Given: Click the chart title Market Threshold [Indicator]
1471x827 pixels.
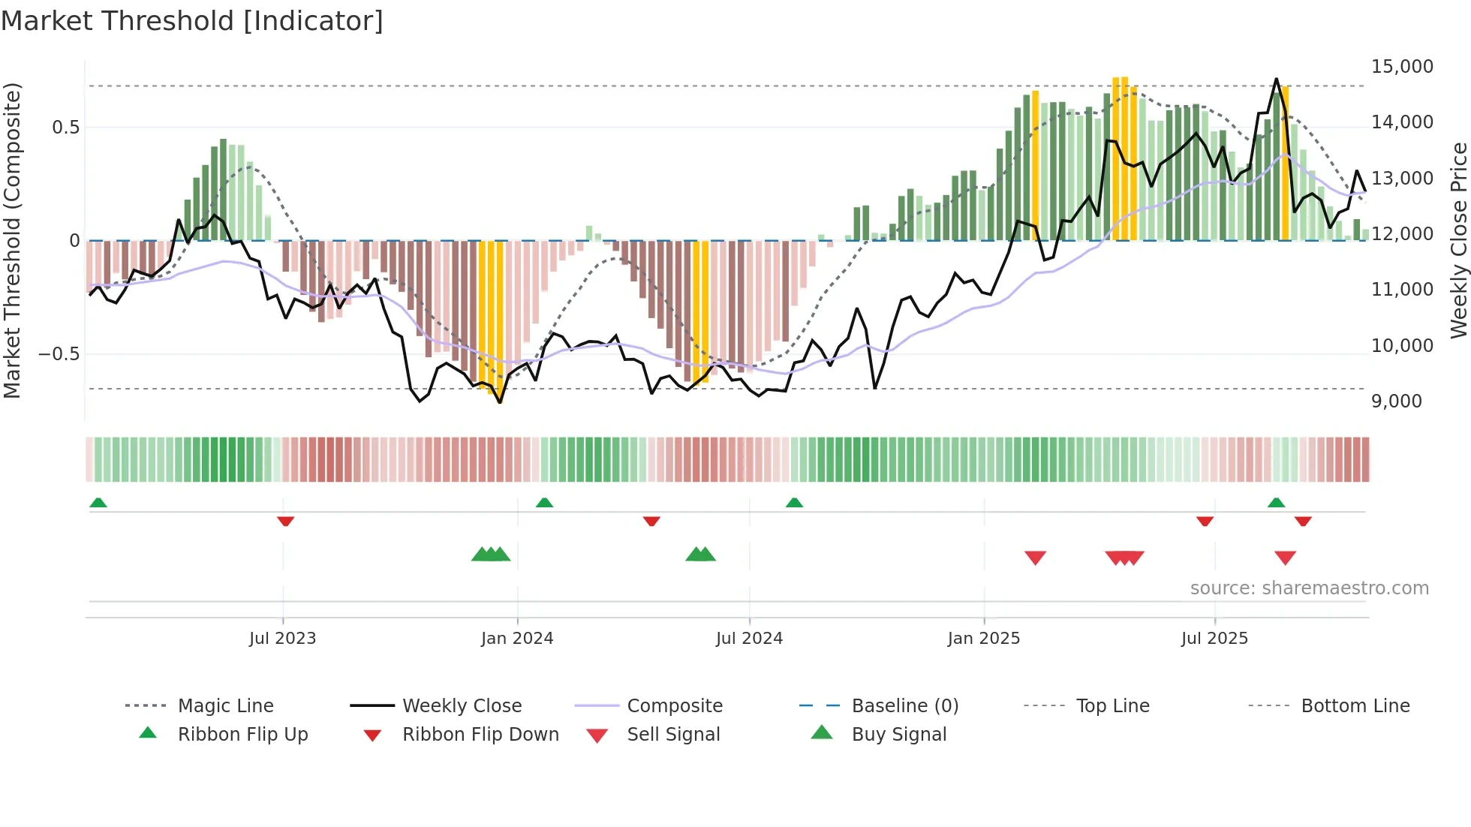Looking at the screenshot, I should tap(192, 21).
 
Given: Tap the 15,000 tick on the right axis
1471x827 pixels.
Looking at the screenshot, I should tap(1402, 67).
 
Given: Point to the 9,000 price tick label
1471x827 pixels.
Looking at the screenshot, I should tap(1396, 401).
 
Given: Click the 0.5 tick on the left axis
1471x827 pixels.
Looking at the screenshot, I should tap(65, 128).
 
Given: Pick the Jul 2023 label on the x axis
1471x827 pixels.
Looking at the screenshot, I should tap(282, 639).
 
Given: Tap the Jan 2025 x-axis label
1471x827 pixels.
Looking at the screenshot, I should tap(983, 639).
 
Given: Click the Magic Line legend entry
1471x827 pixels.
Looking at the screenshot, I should tap(225, 706).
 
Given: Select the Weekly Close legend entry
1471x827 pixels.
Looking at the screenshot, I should tap(462, 706).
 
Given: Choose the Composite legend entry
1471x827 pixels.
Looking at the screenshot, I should tap(674, 706).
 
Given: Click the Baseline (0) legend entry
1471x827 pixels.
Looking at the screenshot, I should tap(904, 706).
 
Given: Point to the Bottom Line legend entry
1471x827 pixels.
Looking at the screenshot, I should tap(1355, 706).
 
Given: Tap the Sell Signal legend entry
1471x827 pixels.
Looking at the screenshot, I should tap(672, 735).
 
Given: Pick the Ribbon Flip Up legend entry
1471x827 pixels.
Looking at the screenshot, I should tap(242, 735).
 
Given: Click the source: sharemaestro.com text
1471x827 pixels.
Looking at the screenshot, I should tap(1309, 588).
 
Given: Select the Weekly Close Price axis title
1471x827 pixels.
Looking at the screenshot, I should tap(1458, 240).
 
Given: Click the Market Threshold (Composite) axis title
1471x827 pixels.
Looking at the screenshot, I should tap(12, 240).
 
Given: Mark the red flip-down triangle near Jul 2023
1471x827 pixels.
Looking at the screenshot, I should tap(285, 521).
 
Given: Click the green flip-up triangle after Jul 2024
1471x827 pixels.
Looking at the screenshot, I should tap(794, 503).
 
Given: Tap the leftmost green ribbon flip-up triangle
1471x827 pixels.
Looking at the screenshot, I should tap(98, 503).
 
